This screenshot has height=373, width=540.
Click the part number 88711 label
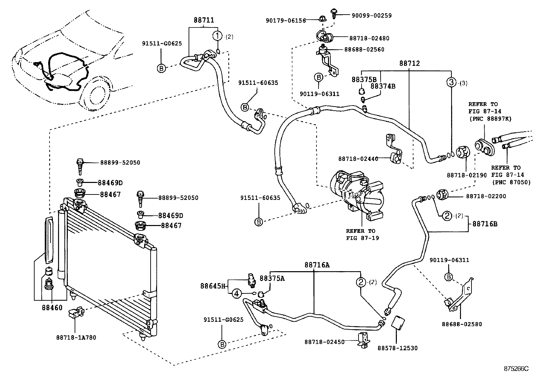(x=204, y=20)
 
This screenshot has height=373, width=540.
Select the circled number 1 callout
(x=217, y=36)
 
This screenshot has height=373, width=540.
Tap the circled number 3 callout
(x=451, y=82)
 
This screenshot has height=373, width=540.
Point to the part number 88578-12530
(x=397, y=348)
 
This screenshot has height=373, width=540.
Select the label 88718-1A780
(x=76, y=337)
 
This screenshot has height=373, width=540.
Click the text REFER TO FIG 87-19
(x=362, y=235)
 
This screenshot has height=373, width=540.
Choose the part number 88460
(x=52, y=307)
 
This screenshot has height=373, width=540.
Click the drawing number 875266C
(x=516, y=368)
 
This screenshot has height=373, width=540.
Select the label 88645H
(x=213, y=286)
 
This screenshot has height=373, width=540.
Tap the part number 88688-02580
(x=462, y=324)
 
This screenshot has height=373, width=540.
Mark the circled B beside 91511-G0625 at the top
(x=162, y=68)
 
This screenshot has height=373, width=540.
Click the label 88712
(x=409, y=63)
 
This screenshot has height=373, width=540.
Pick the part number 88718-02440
(x=358, y=158)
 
